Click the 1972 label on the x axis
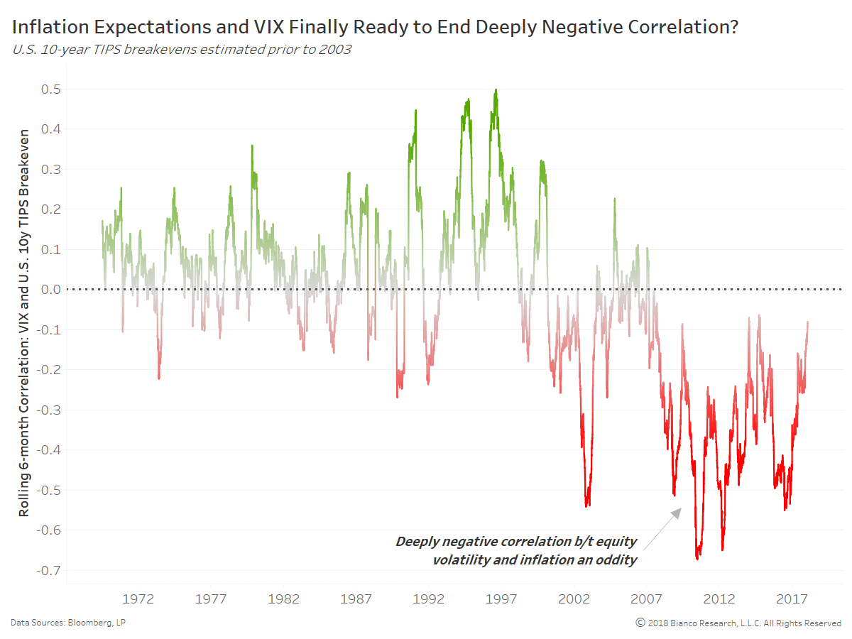[138, 599]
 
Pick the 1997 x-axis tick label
[501, 599]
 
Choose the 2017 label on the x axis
[792, 599]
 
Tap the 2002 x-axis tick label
[574, 599]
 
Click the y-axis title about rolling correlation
[24, 322]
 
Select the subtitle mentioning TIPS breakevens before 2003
[181, 50]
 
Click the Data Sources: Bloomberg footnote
[68, 623]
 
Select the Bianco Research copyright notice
[738, 623]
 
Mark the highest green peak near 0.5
[496, 90]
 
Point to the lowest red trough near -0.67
[697, 559]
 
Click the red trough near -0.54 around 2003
[587, 506]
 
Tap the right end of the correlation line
[807, 322]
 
